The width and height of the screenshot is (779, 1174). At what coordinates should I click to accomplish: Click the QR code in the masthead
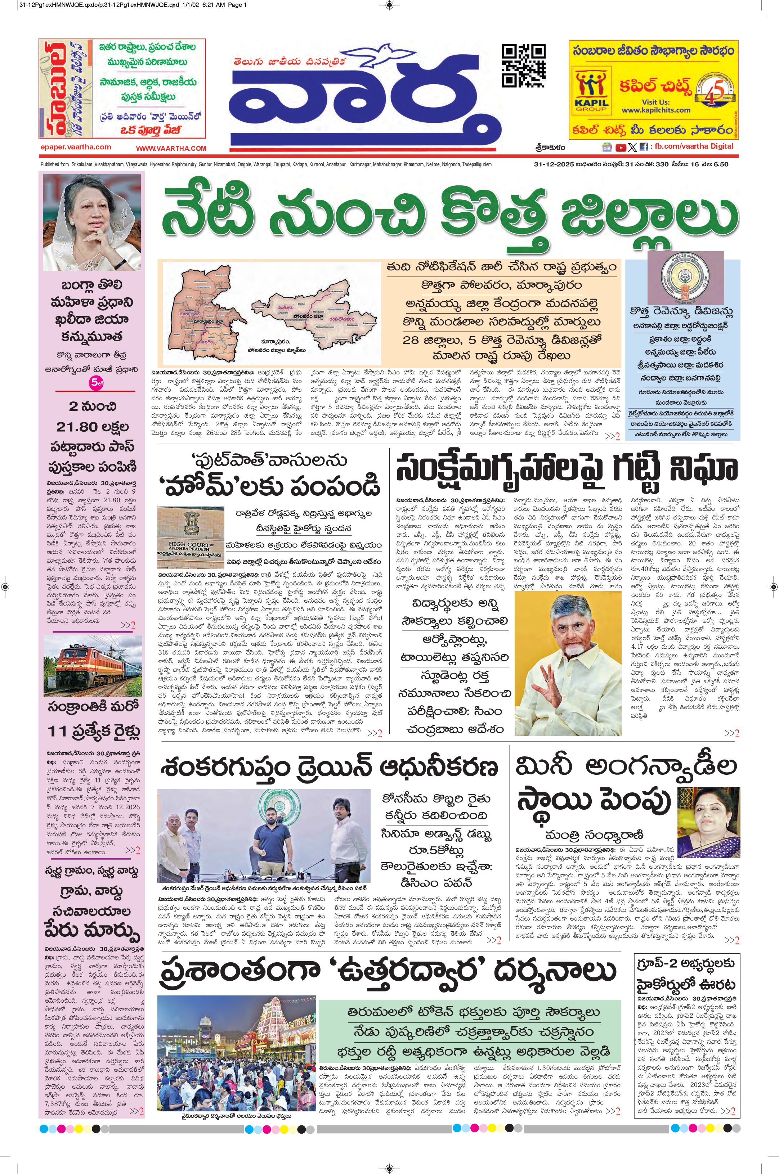(x=523, y=66)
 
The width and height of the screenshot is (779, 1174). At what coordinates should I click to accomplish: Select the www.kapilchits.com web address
(x=656, y=110)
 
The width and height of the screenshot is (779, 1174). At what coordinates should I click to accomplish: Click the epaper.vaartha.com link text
(x=76, y=147)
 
